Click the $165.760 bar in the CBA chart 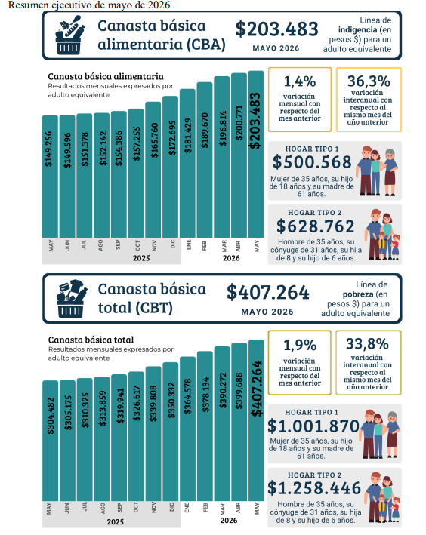click(153, 170)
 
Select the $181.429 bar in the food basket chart click(187, 163)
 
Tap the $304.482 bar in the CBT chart click(50, 441)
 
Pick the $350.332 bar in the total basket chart click(171, 432)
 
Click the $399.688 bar click(239, 422)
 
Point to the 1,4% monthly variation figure click(300, 81)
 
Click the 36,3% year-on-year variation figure click(369, 81)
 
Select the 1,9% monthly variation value click(300, 346)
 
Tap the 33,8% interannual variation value click(367, 344)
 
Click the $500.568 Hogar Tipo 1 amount click(312, 161)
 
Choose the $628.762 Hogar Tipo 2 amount click(315, 226)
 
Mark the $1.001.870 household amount click(313, 426)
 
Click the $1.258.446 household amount click(314, 488)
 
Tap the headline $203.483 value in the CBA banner click(276, 29)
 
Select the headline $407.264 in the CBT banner click(268, 293)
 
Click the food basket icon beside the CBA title click(69, 35)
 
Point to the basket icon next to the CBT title click(71, 299)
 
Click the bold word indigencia click(357, 30)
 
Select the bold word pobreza click(358, 294)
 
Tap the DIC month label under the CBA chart click(172, 244)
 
